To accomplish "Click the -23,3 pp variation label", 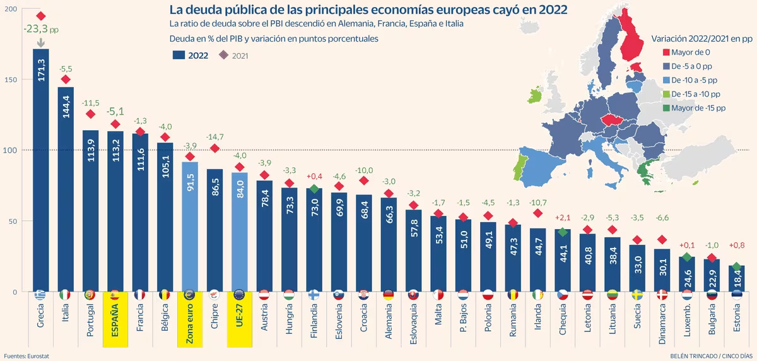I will pyautogui.click(x=41, y=29).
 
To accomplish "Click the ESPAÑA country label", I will pyautogui.click(x=115, y=319).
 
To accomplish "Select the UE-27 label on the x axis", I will pyautogui.click(x=240, y=319).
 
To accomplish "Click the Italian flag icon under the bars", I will pyautogui.click(x=66, y=295).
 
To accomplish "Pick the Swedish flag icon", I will pyautogui.click(x=637, y=295).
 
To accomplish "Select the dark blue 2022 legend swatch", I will pyautogui.click(x=179, y=55).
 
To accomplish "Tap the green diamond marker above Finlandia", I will pyautogui.click(x=314, y=189).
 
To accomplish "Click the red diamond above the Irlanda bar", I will pyautogui.click(x=537, y=213).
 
